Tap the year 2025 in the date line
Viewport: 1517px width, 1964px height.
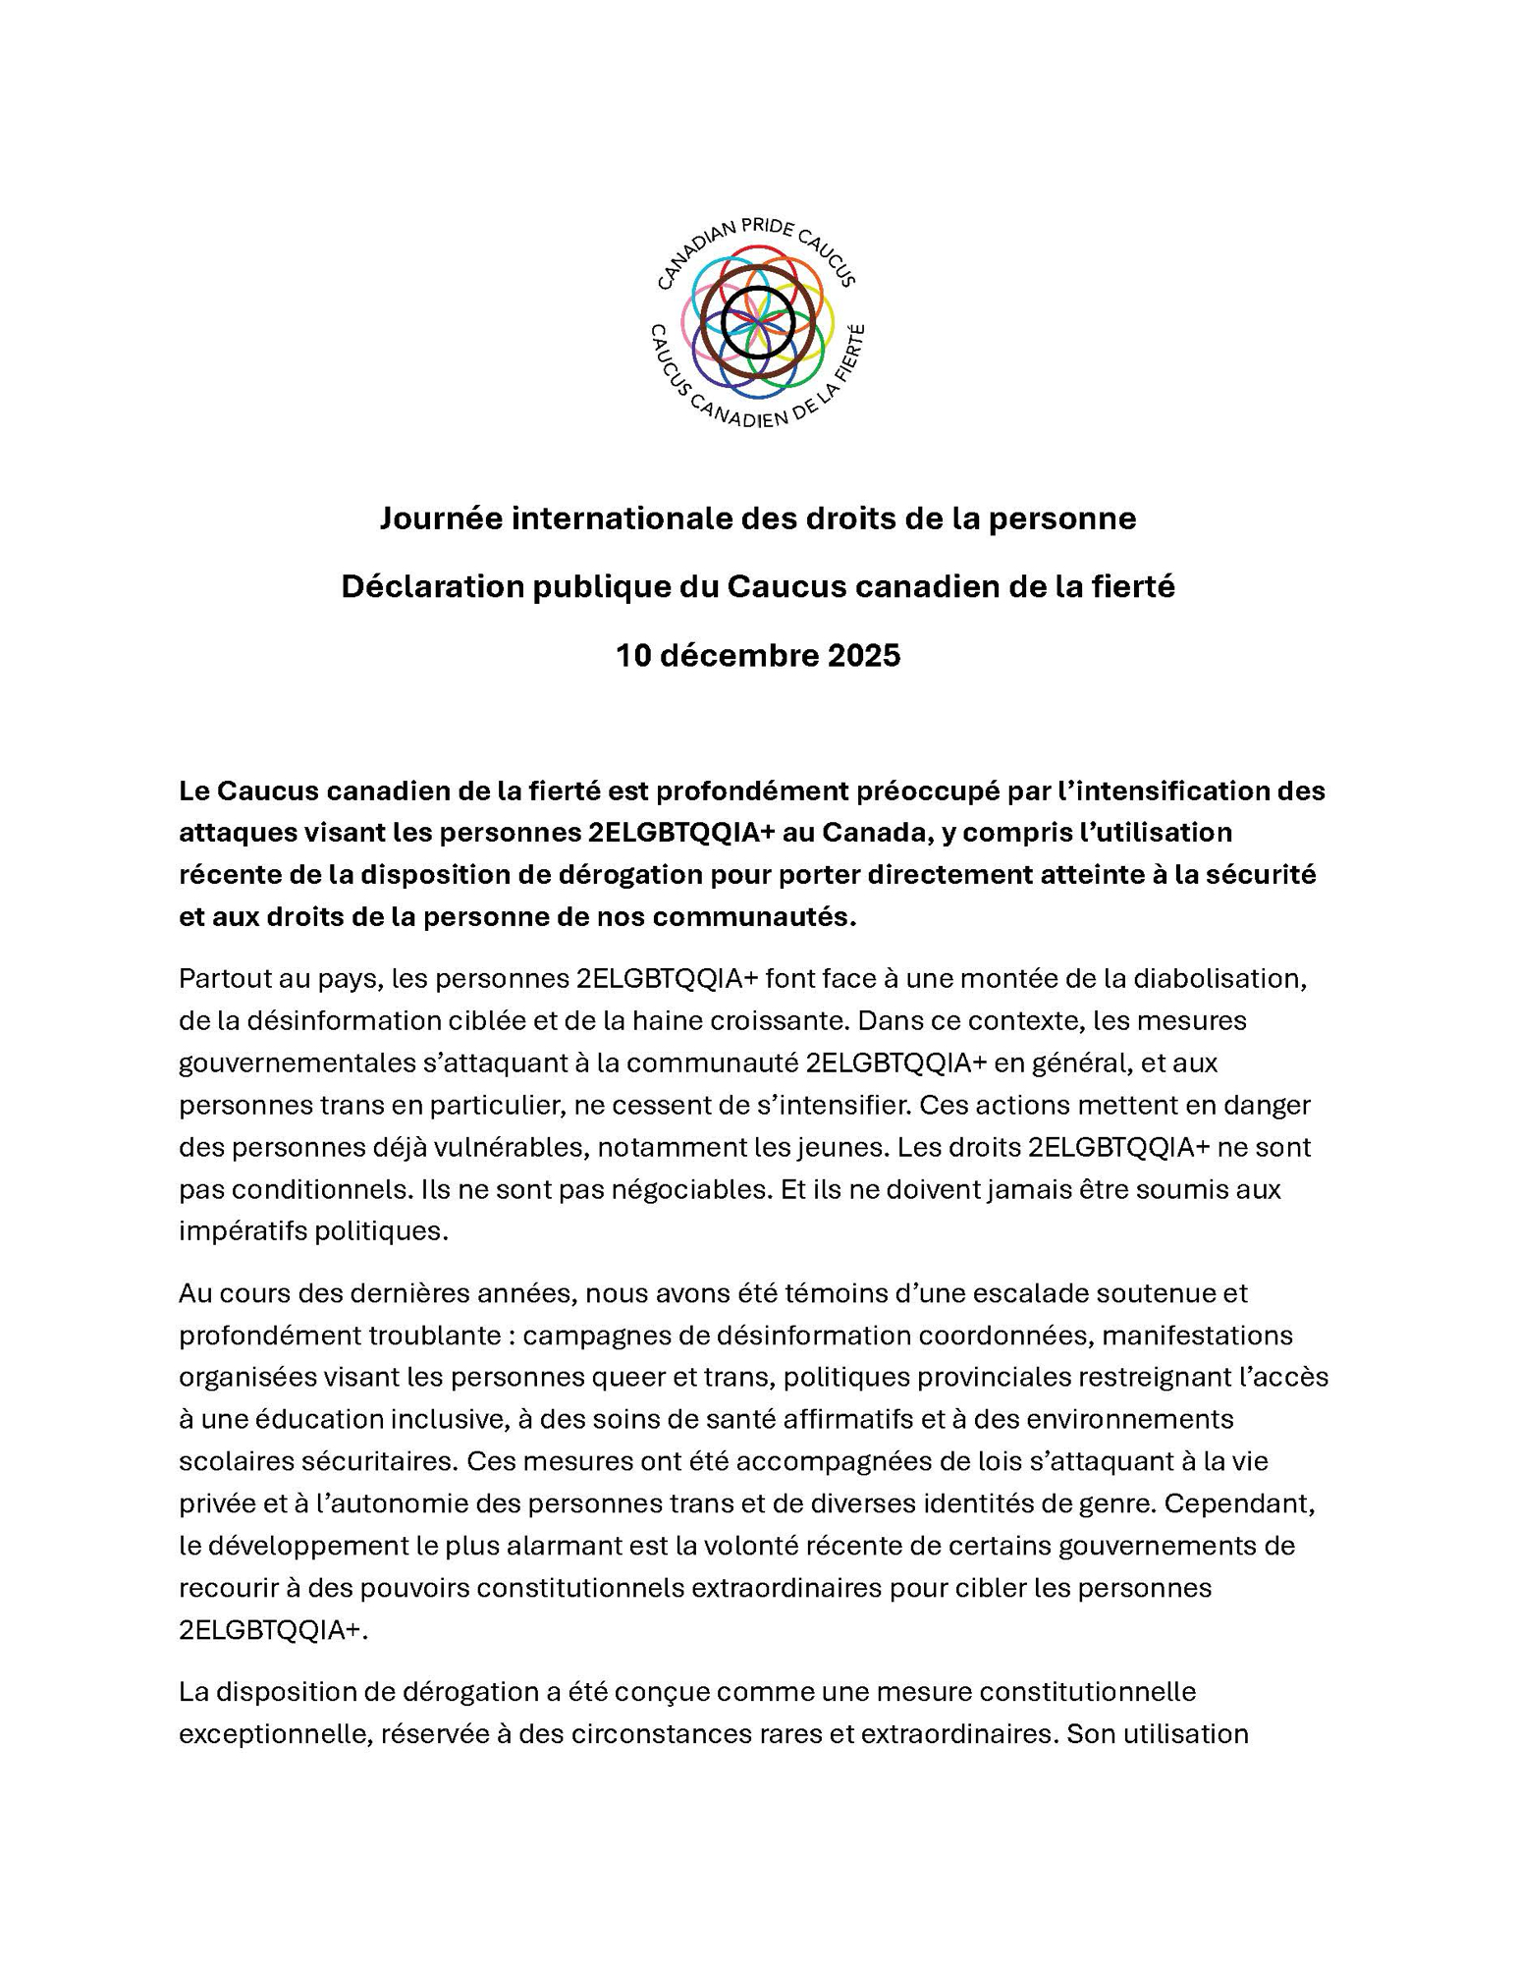[863, 655]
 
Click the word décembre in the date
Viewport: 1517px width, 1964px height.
[739, 655]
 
